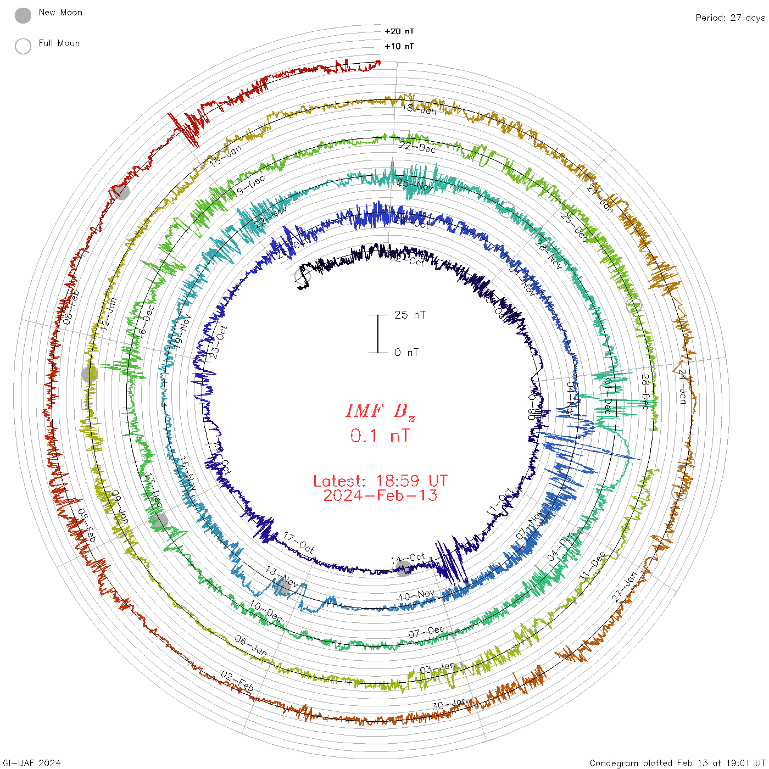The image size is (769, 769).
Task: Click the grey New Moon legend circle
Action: tap(23, 16)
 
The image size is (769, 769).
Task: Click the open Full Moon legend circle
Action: tap(23, 46)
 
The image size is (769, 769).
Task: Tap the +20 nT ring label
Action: tap(399, 31)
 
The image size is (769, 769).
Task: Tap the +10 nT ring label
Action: tap(399, 46)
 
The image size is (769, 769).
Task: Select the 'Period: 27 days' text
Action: tap(730, 18)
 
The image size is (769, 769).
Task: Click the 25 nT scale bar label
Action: tap(410, 315)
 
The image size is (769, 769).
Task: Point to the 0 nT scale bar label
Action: tap(406, 353)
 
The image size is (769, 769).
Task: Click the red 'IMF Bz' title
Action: tap(380, 411)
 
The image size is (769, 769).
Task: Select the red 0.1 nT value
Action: tap(380, 436)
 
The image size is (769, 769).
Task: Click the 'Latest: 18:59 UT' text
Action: tap(380, 481)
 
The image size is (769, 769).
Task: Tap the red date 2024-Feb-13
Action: tap(380, 495)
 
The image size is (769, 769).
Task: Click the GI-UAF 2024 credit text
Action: tap(32, 763)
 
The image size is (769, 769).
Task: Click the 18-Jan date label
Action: tap(420, 109)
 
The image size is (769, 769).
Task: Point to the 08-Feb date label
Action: tap(71, 308)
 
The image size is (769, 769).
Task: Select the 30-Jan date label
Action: tap(449, 705)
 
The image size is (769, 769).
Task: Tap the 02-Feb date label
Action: tap(237, 681)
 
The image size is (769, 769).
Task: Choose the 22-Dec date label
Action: tap(417, 147)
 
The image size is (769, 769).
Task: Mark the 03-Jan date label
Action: tap(437, 668)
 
